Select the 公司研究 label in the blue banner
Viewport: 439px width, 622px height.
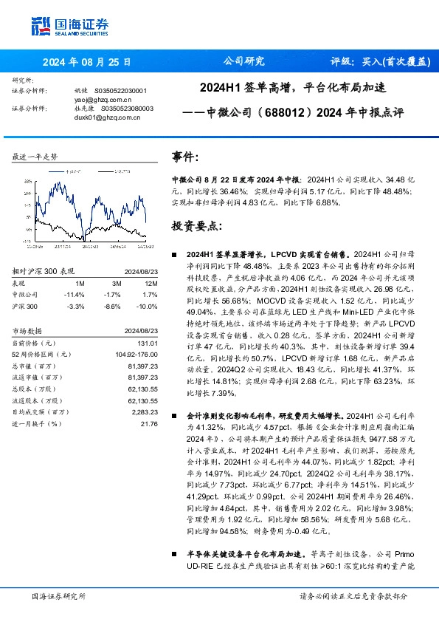point(243,61)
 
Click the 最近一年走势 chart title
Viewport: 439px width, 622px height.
point(35,157)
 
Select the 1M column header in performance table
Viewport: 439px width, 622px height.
point(79,282)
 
